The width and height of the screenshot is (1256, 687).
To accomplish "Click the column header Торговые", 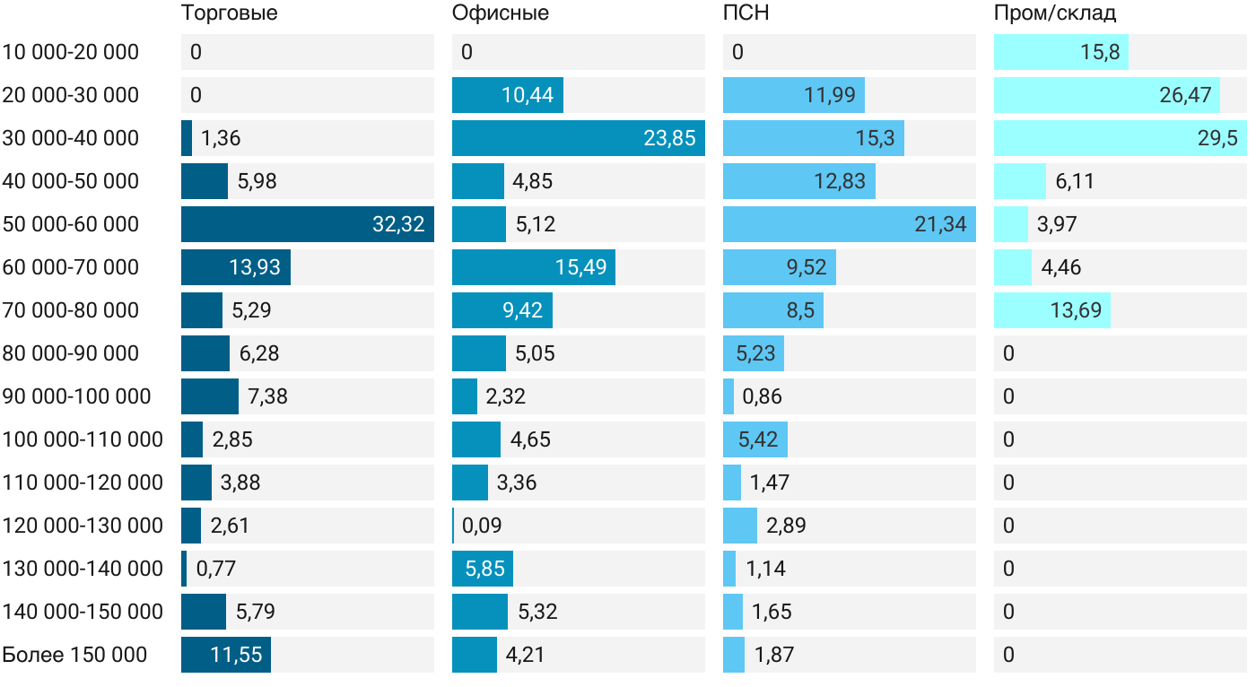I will pos(229,13).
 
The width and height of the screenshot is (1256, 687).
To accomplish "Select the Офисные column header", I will pos(500,13).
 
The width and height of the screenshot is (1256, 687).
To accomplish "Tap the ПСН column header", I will pos(746,13).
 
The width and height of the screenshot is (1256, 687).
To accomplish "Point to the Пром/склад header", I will pos(1054,13).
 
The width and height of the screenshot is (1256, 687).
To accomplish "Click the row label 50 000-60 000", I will pos(71,224).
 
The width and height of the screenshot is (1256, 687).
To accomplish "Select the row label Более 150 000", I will pos(74,655).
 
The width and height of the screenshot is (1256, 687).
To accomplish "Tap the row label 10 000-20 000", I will pos(71,52).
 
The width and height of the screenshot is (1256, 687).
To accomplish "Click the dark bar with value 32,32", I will pos(307,224).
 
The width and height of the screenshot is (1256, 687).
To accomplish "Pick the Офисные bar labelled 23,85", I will pos(578,138).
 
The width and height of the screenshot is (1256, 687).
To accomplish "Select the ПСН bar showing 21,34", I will pos(849,224).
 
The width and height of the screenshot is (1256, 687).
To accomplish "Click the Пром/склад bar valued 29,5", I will pos(1120,138).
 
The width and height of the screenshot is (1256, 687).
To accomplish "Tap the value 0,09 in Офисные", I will pos(483,526).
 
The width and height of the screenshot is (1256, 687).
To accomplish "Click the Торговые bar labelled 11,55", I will pos(226,655).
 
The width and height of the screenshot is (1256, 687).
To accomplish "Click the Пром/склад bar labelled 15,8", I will pos(1061,52).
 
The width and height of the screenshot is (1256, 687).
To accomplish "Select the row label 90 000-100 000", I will pos(77,396).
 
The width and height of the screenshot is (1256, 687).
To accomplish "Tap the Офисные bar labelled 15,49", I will pos(534,267).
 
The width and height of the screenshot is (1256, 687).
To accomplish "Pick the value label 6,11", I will pos(1075,181).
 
